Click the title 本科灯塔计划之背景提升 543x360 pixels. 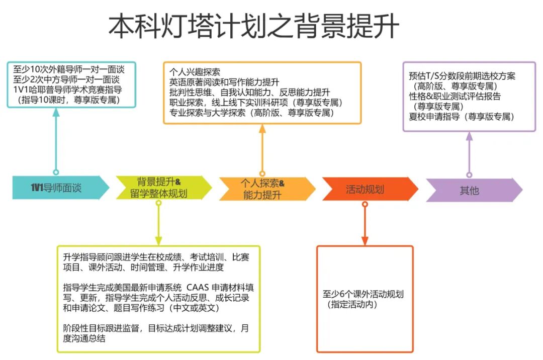(254, 26)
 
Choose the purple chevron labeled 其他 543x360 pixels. (470, 191)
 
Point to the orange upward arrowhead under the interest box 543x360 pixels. (262, 128)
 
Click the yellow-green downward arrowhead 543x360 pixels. (158, 240)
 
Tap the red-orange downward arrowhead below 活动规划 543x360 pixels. (365, 240)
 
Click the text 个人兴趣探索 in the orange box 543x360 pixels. (195, 71)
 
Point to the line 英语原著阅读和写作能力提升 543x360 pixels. (224, 81)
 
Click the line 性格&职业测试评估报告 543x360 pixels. (455, 96)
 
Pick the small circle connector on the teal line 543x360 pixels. (56, 172)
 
